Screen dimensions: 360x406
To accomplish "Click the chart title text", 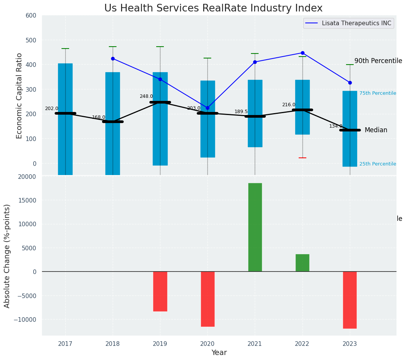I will (x=213, y=8).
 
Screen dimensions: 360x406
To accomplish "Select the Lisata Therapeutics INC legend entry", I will (x=357, y=23).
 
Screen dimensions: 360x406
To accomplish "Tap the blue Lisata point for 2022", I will (x=302, y=53).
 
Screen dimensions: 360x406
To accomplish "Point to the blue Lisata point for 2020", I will (x=207, y=108).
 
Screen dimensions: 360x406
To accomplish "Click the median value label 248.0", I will (x=146, y=96).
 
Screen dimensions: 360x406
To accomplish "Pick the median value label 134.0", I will (x=336, y=126).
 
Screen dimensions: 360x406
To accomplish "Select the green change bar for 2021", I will (x=255, y=227).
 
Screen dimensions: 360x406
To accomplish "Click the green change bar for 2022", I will (x=302, y=263).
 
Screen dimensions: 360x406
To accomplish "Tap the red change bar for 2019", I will (x=160, y=291).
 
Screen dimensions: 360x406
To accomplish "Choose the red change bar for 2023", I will (x=350, y=300).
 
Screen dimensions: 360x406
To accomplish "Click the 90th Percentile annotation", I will (x=378, y=61).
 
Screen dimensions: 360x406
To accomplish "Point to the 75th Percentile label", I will (x=377, y=93).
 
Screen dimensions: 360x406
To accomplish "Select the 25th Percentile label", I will (x=377, y=164).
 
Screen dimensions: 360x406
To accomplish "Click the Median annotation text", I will (x=376, y=130).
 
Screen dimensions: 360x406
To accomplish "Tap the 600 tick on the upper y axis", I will (x=31, y=16).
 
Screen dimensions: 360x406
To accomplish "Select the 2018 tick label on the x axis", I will (x=113, y=344).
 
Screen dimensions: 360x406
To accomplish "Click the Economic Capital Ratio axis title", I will (x=19, y=95).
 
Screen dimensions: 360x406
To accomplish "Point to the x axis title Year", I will (x=219, y=353).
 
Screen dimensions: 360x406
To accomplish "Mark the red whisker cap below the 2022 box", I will (x=302, y=158).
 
